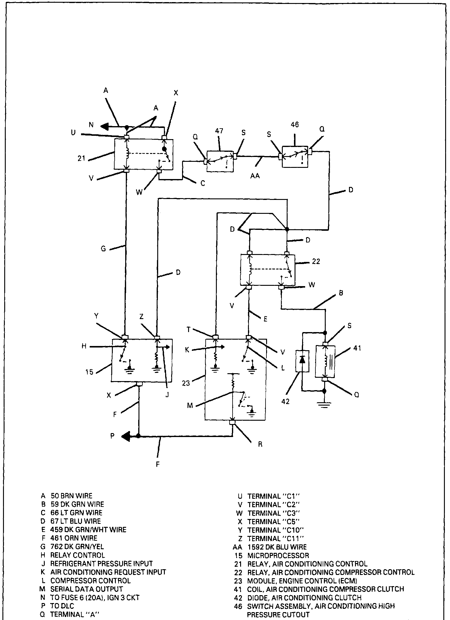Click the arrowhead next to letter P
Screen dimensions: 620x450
pos(126,436)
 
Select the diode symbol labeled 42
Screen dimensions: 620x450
pos(302,361)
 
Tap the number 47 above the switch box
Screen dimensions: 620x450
pos(219,131)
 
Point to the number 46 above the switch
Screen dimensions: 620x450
pos(295,125)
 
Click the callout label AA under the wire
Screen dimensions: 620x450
pos(255,176)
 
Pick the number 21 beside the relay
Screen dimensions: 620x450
pos(82,158)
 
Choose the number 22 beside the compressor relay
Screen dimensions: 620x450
pos(316,261)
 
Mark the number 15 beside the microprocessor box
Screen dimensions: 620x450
pos(89,372)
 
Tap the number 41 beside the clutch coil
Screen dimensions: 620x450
pos(357,348)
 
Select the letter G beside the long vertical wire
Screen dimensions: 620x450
pos(103,249)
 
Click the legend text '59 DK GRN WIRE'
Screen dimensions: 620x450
pos(77,504)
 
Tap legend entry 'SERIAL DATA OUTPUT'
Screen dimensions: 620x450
pos(86,589)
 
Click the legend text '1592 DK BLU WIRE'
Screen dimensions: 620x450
pos(277,547)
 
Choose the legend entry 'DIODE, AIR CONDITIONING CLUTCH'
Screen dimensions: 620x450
pos(304,598)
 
